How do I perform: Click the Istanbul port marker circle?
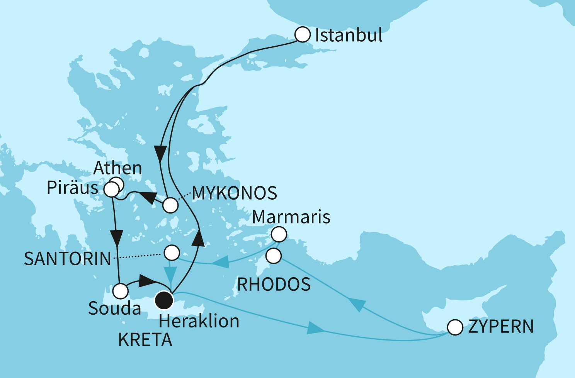(x=303, y=35)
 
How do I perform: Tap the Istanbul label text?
(x=348, y=36)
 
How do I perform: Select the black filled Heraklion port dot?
(x=164, y=301)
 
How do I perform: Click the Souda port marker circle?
(x=120, y=291)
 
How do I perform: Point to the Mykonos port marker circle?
(x=170, y=205)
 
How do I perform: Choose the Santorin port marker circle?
(x=172, y=253)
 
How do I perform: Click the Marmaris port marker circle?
(x=279, y=234)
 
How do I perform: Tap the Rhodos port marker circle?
(x=274, y=256)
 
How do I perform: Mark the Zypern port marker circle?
(x=455, y=327)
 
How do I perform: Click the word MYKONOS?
(x=235, y=193)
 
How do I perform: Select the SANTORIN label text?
(x=68, y=259)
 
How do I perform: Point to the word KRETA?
(x=145, y=340)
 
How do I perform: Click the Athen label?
(x=118, y=168)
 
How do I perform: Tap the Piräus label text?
(x=73, y=188)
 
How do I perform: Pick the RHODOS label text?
(x=274, y=285)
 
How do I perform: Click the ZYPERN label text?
(x=501, y=327)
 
